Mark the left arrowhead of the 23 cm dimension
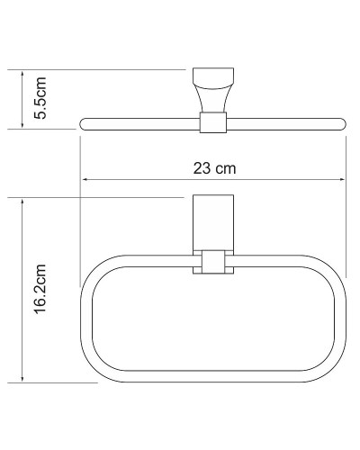(x=85, y=178)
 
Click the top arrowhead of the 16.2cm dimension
(x=21, y=201)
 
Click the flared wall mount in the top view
(x=211, y=91)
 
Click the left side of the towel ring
(x=85, y=319)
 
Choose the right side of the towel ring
(x=341, y=319)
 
